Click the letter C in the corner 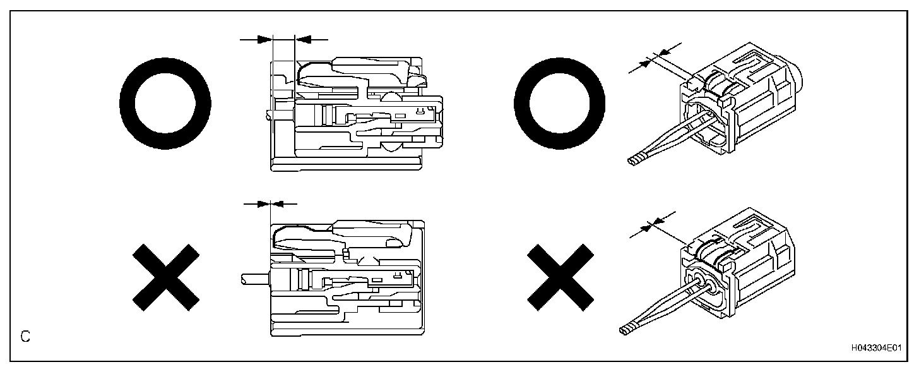(x=25, y=336)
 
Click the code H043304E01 (x=875, y=347)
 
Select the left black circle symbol (x=165, y=104)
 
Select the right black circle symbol (x=560, y=104)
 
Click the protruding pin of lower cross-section (x=255, y=277)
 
